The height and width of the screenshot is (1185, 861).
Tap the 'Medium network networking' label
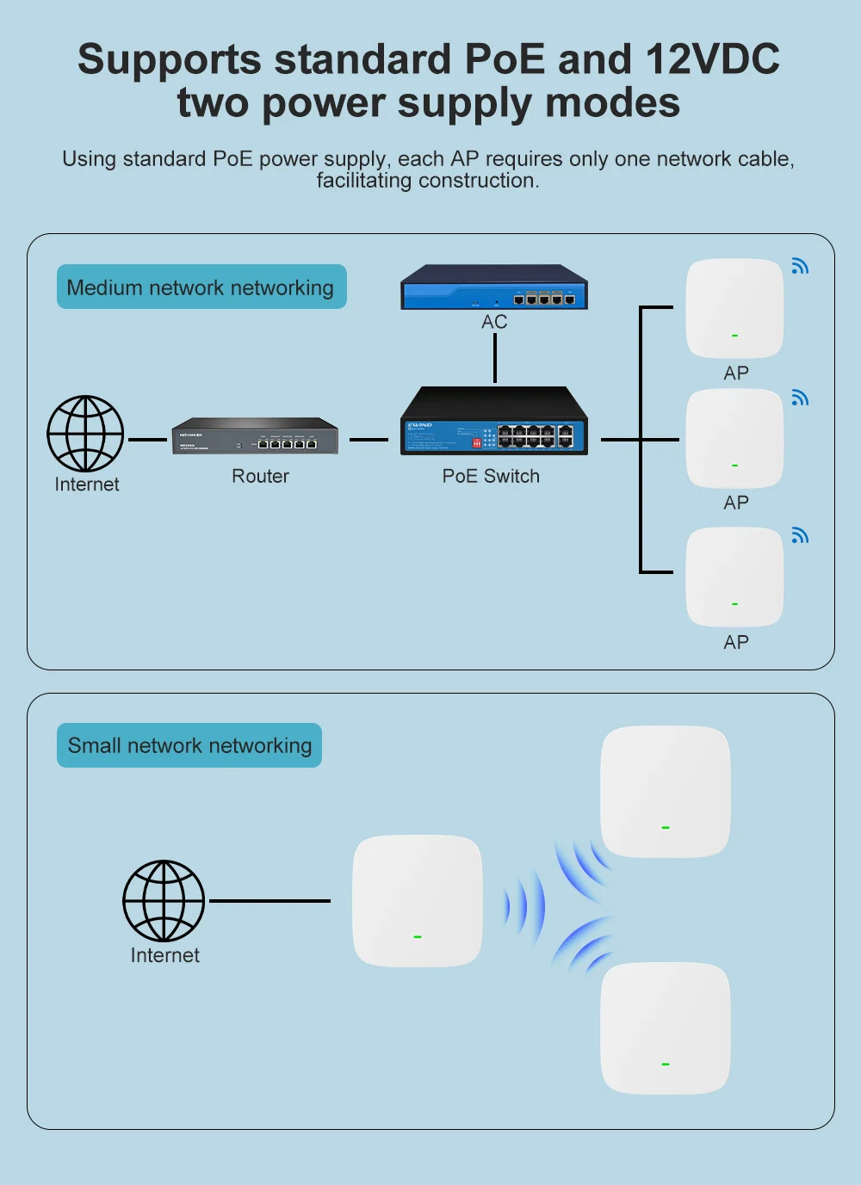point(201,287)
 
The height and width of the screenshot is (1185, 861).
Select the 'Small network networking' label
point(189,745)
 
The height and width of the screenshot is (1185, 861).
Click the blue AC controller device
point(494,287)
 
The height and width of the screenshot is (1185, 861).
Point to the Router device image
point(255,436)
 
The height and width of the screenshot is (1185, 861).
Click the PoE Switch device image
point(494,422)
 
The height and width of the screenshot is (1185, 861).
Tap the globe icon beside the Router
point(85,434)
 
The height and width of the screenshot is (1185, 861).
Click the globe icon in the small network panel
point(164,901)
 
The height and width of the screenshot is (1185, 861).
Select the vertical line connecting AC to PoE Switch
point(495,358)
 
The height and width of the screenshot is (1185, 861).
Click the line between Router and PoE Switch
point(369,440)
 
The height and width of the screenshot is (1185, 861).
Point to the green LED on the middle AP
point(734,466)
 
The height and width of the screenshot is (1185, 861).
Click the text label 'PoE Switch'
point(491,477)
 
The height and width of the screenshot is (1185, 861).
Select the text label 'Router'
point(260,477)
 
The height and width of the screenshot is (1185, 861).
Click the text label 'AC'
point(494,322)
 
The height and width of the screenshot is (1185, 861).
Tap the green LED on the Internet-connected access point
point(418,936)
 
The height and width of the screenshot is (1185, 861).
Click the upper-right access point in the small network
point(666,792)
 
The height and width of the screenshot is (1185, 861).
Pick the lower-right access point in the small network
point(666,1028)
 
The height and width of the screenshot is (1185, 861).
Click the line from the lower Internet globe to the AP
point(269,901)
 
